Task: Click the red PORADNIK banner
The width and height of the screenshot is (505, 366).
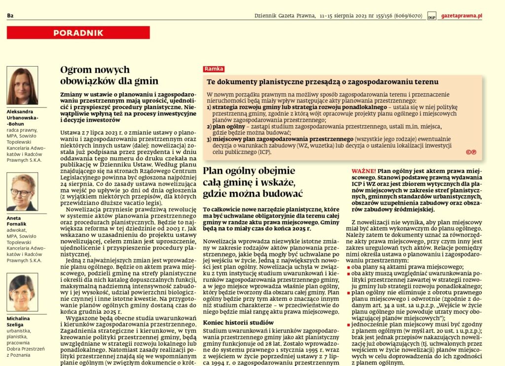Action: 78,33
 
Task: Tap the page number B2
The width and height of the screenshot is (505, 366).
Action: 10,16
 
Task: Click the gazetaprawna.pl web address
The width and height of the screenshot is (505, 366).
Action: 461,16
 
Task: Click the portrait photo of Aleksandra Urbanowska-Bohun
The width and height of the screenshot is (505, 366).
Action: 22,86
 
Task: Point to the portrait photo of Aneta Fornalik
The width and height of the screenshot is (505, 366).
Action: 22,192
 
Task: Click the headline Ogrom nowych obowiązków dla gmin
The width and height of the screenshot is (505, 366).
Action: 109,75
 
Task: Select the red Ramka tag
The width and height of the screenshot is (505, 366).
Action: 214,70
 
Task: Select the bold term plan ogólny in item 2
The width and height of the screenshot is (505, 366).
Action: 224,126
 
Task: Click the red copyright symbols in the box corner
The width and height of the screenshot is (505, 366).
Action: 470,152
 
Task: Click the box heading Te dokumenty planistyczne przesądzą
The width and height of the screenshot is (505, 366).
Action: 323,82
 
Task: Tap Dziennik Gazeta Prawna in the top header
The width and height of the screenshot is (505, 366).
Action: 285,16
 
